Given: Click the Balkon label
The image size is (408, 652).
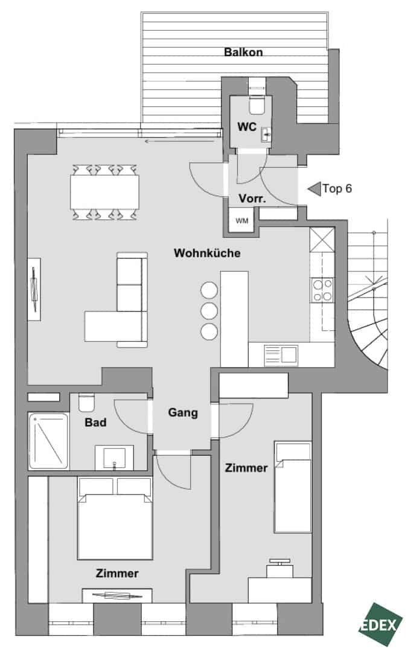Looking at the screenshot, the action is (x=243, y=52).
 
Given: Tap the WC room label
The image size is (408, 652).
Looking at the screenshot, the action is (x=247, y=126).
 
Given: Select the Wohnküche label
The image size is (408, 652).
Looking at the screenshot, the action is (x=207, y=253).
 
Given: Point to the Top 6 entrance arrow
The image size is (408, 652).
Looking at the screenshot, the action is (x=314, y=189).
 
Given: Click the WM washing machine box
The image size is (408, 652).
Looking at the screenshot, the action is (x=241, y=221).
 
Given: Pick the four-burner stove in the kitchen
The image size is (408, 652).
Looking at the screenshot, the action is (x=322, y=290).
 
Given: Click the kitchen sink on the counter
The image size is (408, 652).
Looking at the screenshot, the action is (x=282, y=355).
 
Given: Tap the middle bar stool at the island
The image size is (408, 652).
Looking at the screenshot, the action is (x=209, y=311).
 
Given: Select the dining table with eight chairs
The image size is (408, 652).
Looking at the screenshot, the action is (x=104, y=192).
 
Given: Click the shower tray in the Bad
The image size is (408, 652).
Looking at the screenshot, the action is (x=48, y=441).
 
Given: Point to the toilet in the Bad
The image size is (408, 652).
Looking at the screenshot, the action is (x=86, y=402).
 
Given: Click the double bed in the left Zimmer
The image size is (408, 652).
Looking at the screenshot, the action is (x=115, y=518).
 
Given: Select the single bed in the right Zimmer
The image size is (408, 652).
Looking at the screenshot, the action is (x=293, y=487).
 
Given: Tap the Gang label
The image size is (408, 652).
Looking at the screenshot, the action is (x=183, y=413).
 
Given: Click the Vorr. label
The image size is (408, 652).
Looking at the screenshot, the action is (x=252, y=199).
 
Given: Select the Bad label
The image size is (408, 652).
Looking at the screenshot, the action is (x=95, y=423).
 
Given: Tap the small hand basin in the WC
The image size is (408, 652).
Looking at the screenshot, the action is (x=266, y=134).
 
